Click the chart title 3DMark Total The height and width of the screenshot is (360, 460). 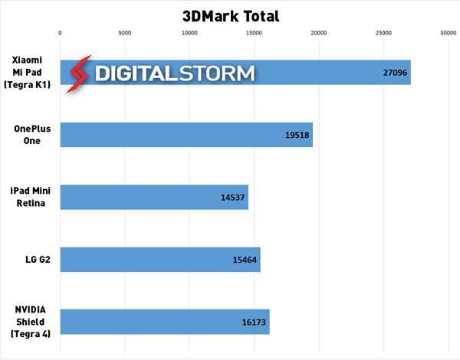tap(231, 15)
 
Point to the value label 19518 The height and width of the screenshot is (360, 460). tap(296, 135)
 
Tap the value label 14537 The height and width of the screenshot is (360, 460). tap(232, 197)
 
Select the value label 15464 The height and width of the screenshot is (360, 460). tap(245, 260)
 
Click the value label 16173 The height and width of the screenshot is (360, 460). tap(253, 322)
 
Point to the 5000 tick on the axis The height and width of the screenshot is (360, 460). tap(125, 32)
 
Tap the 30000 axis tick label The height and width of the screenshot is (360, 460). tap(448, 32)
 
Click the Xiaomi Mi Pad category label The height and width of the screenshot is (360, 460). tap(28, 73)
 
